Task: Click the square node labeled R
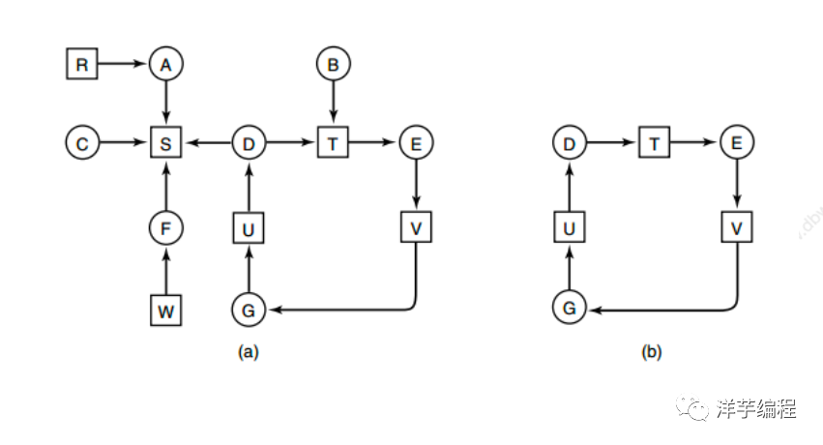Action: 81,65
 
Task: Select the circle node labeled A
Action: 166,65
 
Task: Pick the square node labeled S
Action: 166,145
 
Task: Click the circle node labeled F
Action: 166,228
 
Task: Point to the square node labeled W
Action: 166,311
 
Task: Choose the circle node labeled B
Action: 333,65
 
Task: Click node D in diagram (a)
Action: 249,145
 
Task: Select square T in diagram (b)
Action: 654,145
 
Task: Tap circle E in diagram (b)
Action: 737,145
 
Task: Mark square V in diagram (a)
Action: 416,228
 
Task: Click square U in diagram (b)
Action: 570,228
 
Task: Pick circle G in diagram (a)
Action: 249,311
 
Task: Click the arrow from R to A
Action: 123,65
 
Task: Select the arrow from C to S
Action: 123,145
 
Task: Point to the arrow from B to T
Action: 333,104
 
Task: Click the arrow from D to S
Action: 207,145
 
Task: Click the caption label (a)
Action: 249,352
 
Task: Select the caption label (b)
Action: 652,352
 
